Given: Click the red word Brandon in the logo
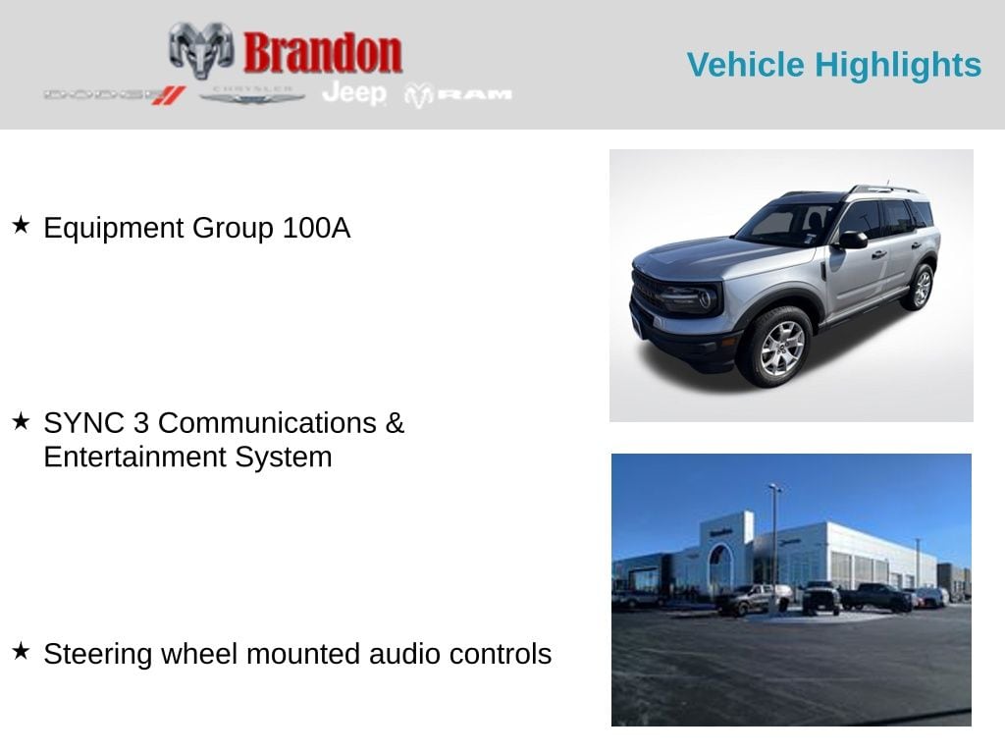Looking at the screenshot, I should click(322, 52).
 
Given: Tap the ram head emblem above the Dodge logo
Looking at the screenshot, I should click(201, 48).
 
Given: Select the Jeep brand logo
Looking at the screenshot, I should click(354, 93).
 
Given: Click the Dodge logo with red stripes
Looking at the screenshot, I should click(114, 94).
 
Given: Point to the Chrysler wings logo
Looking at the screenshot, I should click(252, 94).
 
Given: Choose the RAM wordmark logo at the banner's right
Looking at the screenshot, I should click(458, 94).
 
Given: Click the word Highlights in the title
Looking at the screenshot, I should click(898, 65).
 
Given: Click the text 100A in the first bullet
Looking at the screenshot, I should click(316, 228).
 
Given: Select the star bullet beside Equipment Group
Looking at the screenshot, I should click(21, 227).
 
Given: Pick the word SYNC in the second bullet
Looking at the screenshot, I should click(79, 423).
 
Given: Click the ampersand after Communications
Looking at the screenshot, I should click(395, 423).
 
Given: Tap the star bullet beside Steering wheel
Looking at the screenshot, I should click(21, 652).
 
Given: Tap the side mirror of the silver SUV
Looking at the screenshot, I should click(851, 240).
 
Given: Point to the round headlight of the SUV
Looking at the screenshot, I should click(704, 298).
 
